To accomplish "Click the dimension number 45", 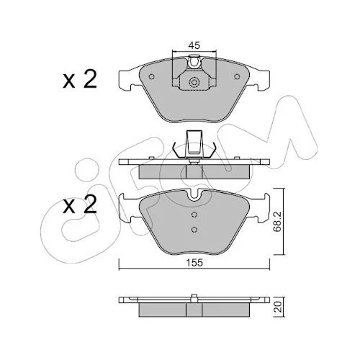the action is click(x=194, y=45).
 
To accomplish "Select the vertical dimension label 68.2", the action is click(x=278, y=222).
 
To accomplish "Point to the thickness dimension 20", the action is click(x=279, y=307).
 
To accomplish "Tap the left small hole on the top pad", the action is click(x=151, y=76).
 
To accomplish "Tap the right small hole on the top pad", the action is click(x=237, y=76).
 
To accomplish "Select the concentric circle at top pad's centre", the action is click(x=194, y=82).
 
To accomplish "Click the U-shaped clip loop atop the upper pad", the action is click(x=194, y=62).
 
